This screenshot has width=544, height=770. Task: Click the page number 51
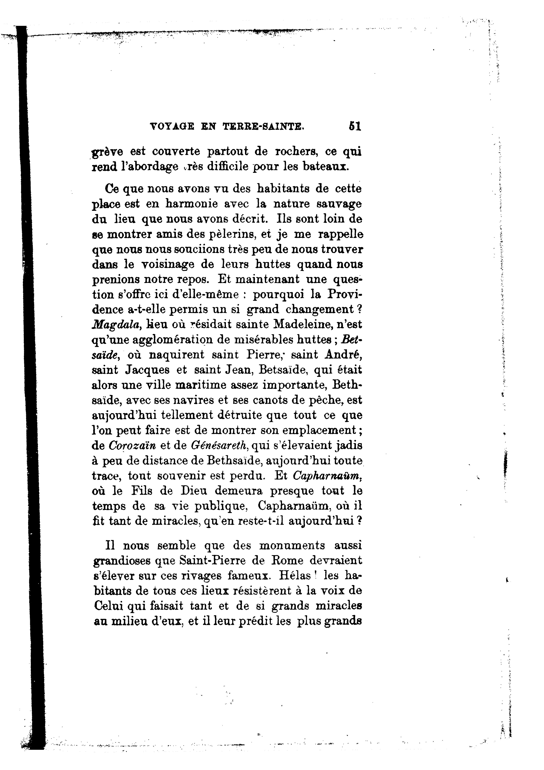(354, 126)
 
